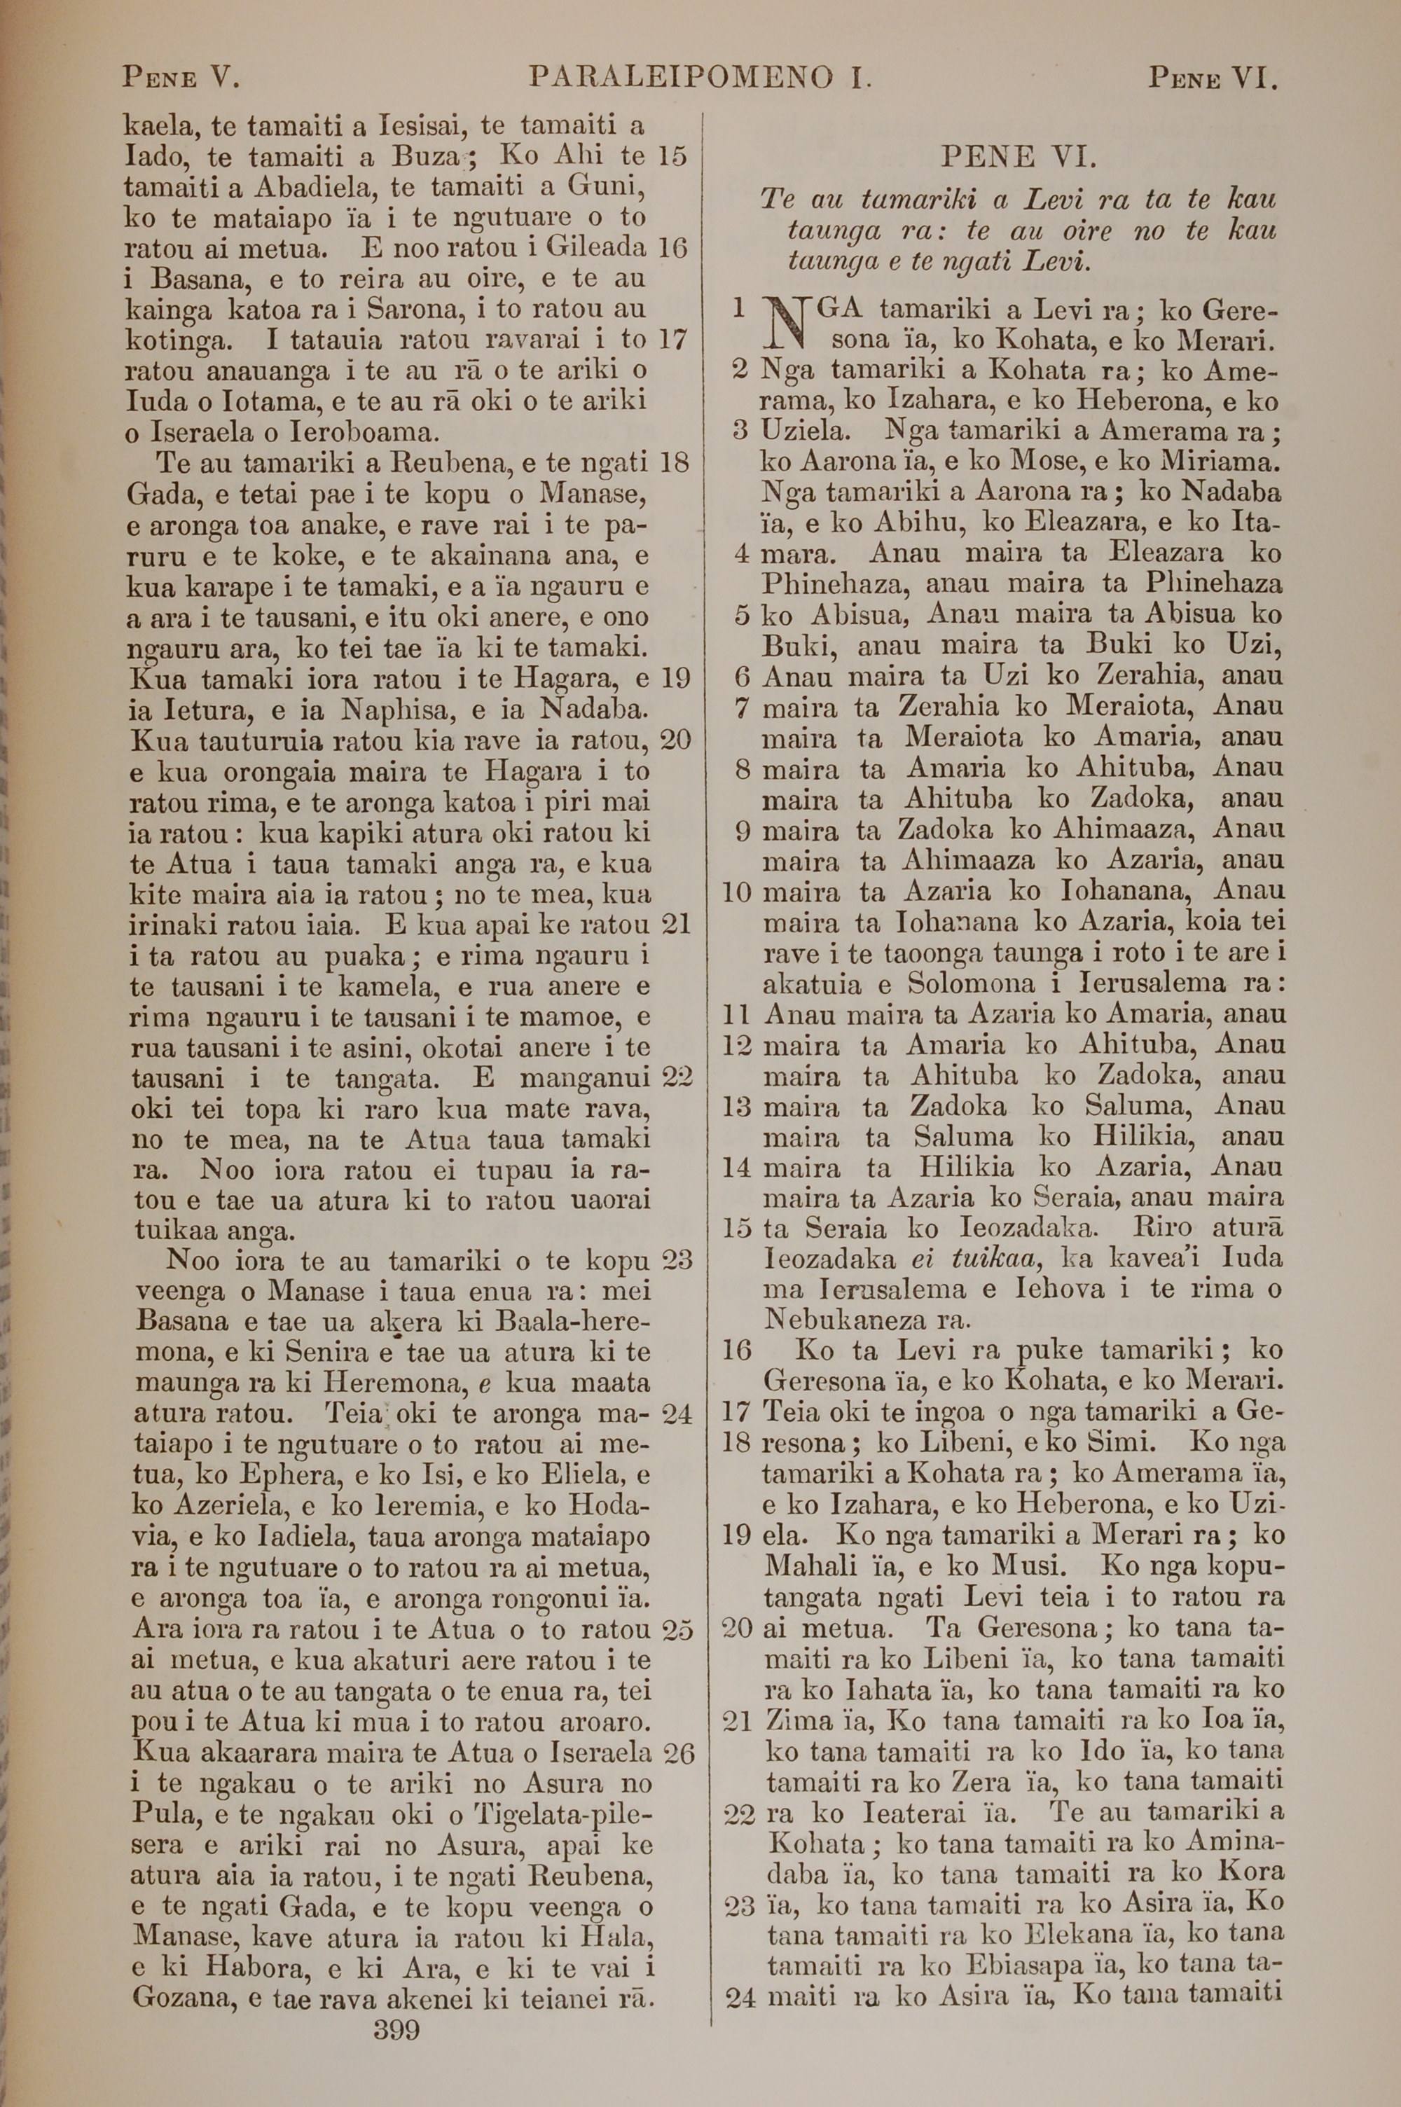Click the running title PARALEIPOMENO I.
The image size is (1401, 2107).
coord(700,78)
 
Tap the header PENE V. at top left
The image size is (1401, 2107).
coord(181,78)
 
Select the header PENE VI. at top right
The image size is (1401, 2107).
coord(1213,78)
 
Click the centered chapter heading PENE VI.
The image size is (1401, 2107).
coord(1018,158)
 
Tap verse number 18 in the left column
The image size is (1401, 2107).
coord(674,462)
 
